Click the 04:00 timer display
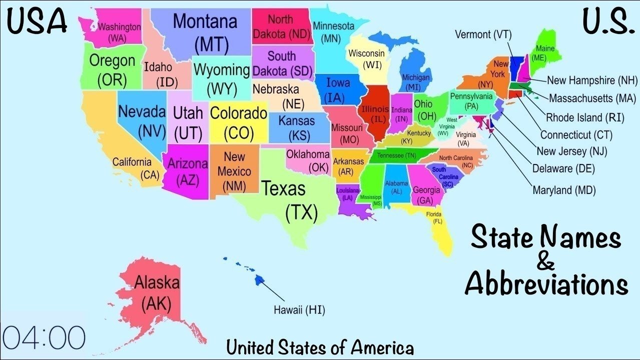click(44, 337)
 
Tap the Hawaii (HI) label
click(299, 310)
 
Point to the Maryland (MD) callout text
click(564, 190)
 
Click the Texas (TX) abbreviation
click(302, 212)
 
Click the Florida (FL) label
click(433, 217)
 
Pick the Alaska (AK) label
click(156, 292)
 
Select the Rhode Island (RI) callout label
click(580, 117)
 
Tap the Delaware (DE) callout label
click(563, 168)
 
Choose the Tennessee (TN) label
click(396, 155)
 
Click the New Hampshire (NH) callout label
click(592, 80)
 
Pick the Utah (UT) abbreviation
click(188, 134)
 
